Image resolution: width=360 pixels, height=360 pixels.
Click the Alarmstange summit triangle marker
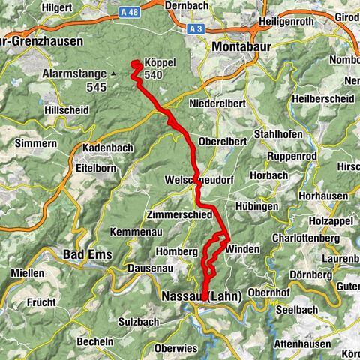click(112, 74)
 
